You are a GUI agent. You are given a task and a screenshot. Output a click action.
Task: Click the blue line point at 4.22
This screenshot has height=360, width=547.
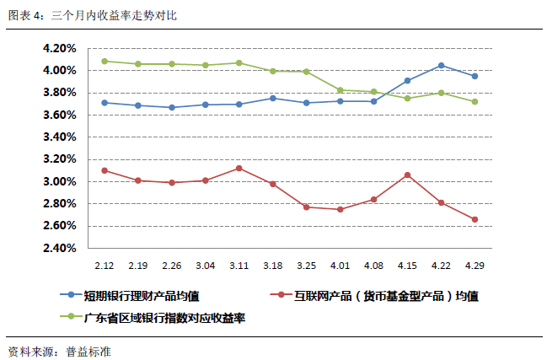pyautogui.click(x=442, y=66)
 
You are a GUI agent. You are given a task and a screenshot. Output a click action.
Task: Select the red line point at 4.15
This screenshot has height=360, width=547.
pyautogui.click(x=408, y=175)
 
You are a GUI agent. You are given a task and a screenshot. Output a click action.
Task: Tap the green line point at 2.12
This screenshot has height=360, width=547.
pyautogui.click(x=105, y=62)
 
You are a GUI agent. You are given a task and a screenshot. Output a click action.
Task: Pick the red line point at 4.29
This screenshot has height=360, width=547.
pyautogui.click(x=475, y=220)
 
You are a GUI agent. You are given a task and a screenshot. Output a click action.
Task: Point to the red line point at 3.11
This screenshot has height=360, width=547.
pyautogui.click(x=239, y=168)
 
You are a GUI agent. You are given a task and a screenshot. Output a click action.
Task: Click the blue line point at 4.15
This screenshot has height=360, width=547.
pyautogui.click(x=408, y=81)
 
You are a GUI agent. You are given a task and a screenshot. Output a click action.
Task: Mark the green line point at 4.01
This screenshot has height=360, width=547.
pyautogui.click(x=341, y=90)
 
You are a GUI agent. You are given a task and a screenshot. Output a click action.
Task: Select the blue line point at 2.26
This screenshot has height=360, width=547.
pyautogui.click(x=172, y=107)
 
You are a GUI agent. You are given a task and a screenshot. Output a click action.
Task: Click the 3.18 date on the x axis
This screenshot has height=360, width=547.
pyautogui.click(x=273, y=265)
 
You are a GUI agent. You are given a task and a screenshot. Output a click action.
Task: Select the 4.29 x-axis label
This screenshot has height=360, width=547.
pyautogui.click(x=475, y=265)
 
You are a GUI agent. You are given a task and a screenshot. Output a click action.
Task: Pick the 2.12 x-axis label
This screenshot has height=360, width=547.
pyautogui.click(x=105, y=265)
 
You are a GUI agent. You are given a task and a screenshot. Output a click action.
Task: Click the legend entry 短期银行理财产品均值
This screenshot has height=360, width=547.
pyautogui.click(x=142, y=295)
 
